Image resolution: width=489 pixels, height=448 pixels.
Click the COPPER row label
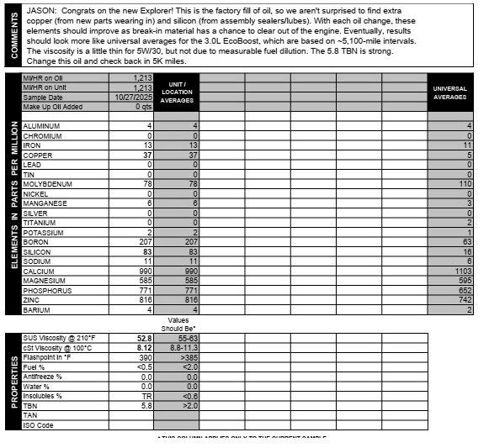pos(38,155)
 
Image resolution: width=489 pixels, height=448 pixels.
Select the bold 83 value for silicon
pos(146,252)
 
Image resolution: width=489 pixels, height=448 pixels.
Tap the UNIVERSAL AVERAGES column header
pos(449,92)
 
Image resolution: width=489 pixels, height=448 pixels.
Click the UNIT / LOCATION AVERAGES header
pos(177,92)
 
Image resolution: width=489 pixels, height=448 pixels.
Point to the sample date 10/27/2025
pos(134,97)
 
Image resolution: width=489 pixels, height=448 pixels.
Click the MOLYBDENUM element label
pos(47,184)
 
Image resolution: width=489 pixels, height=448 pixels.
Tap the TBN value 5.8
pos(145,404)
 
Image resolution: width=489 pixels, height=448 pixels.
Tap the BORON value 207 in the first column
pos(144,242)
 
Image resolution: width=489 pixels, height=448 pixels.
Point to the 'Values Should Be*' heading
pos(178,324)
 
